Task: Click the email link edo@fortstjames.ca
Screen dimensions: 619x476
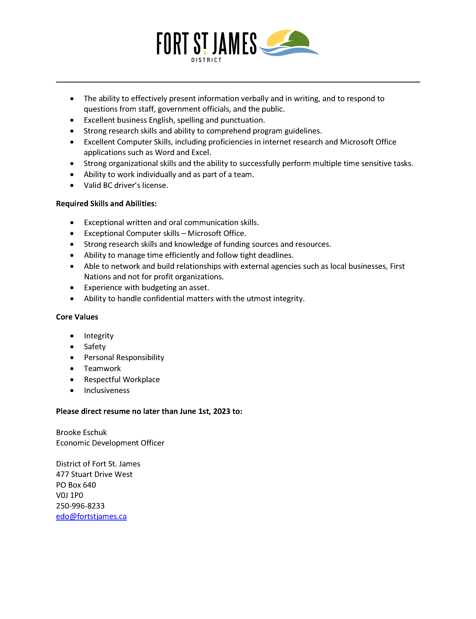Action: point(91,516)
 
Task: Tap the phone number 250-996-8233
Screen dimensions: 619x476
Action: point(80,506)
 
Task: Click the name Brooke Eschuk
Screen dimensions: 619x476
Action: point(82,432)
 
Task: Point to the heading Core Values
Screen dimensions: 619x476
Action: point(77,317)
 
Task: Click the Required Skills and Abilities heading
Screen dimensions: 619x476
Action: point(106,204)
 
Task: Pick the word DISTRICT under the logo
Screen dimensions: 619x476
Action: point(206,60)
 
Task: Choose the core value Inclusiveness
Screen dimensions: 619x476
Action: point(107,390)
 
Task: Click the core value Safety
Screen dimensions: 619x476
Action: point(95,347)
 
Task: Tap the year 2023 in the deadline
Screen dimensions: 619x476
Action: point(222,411)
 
